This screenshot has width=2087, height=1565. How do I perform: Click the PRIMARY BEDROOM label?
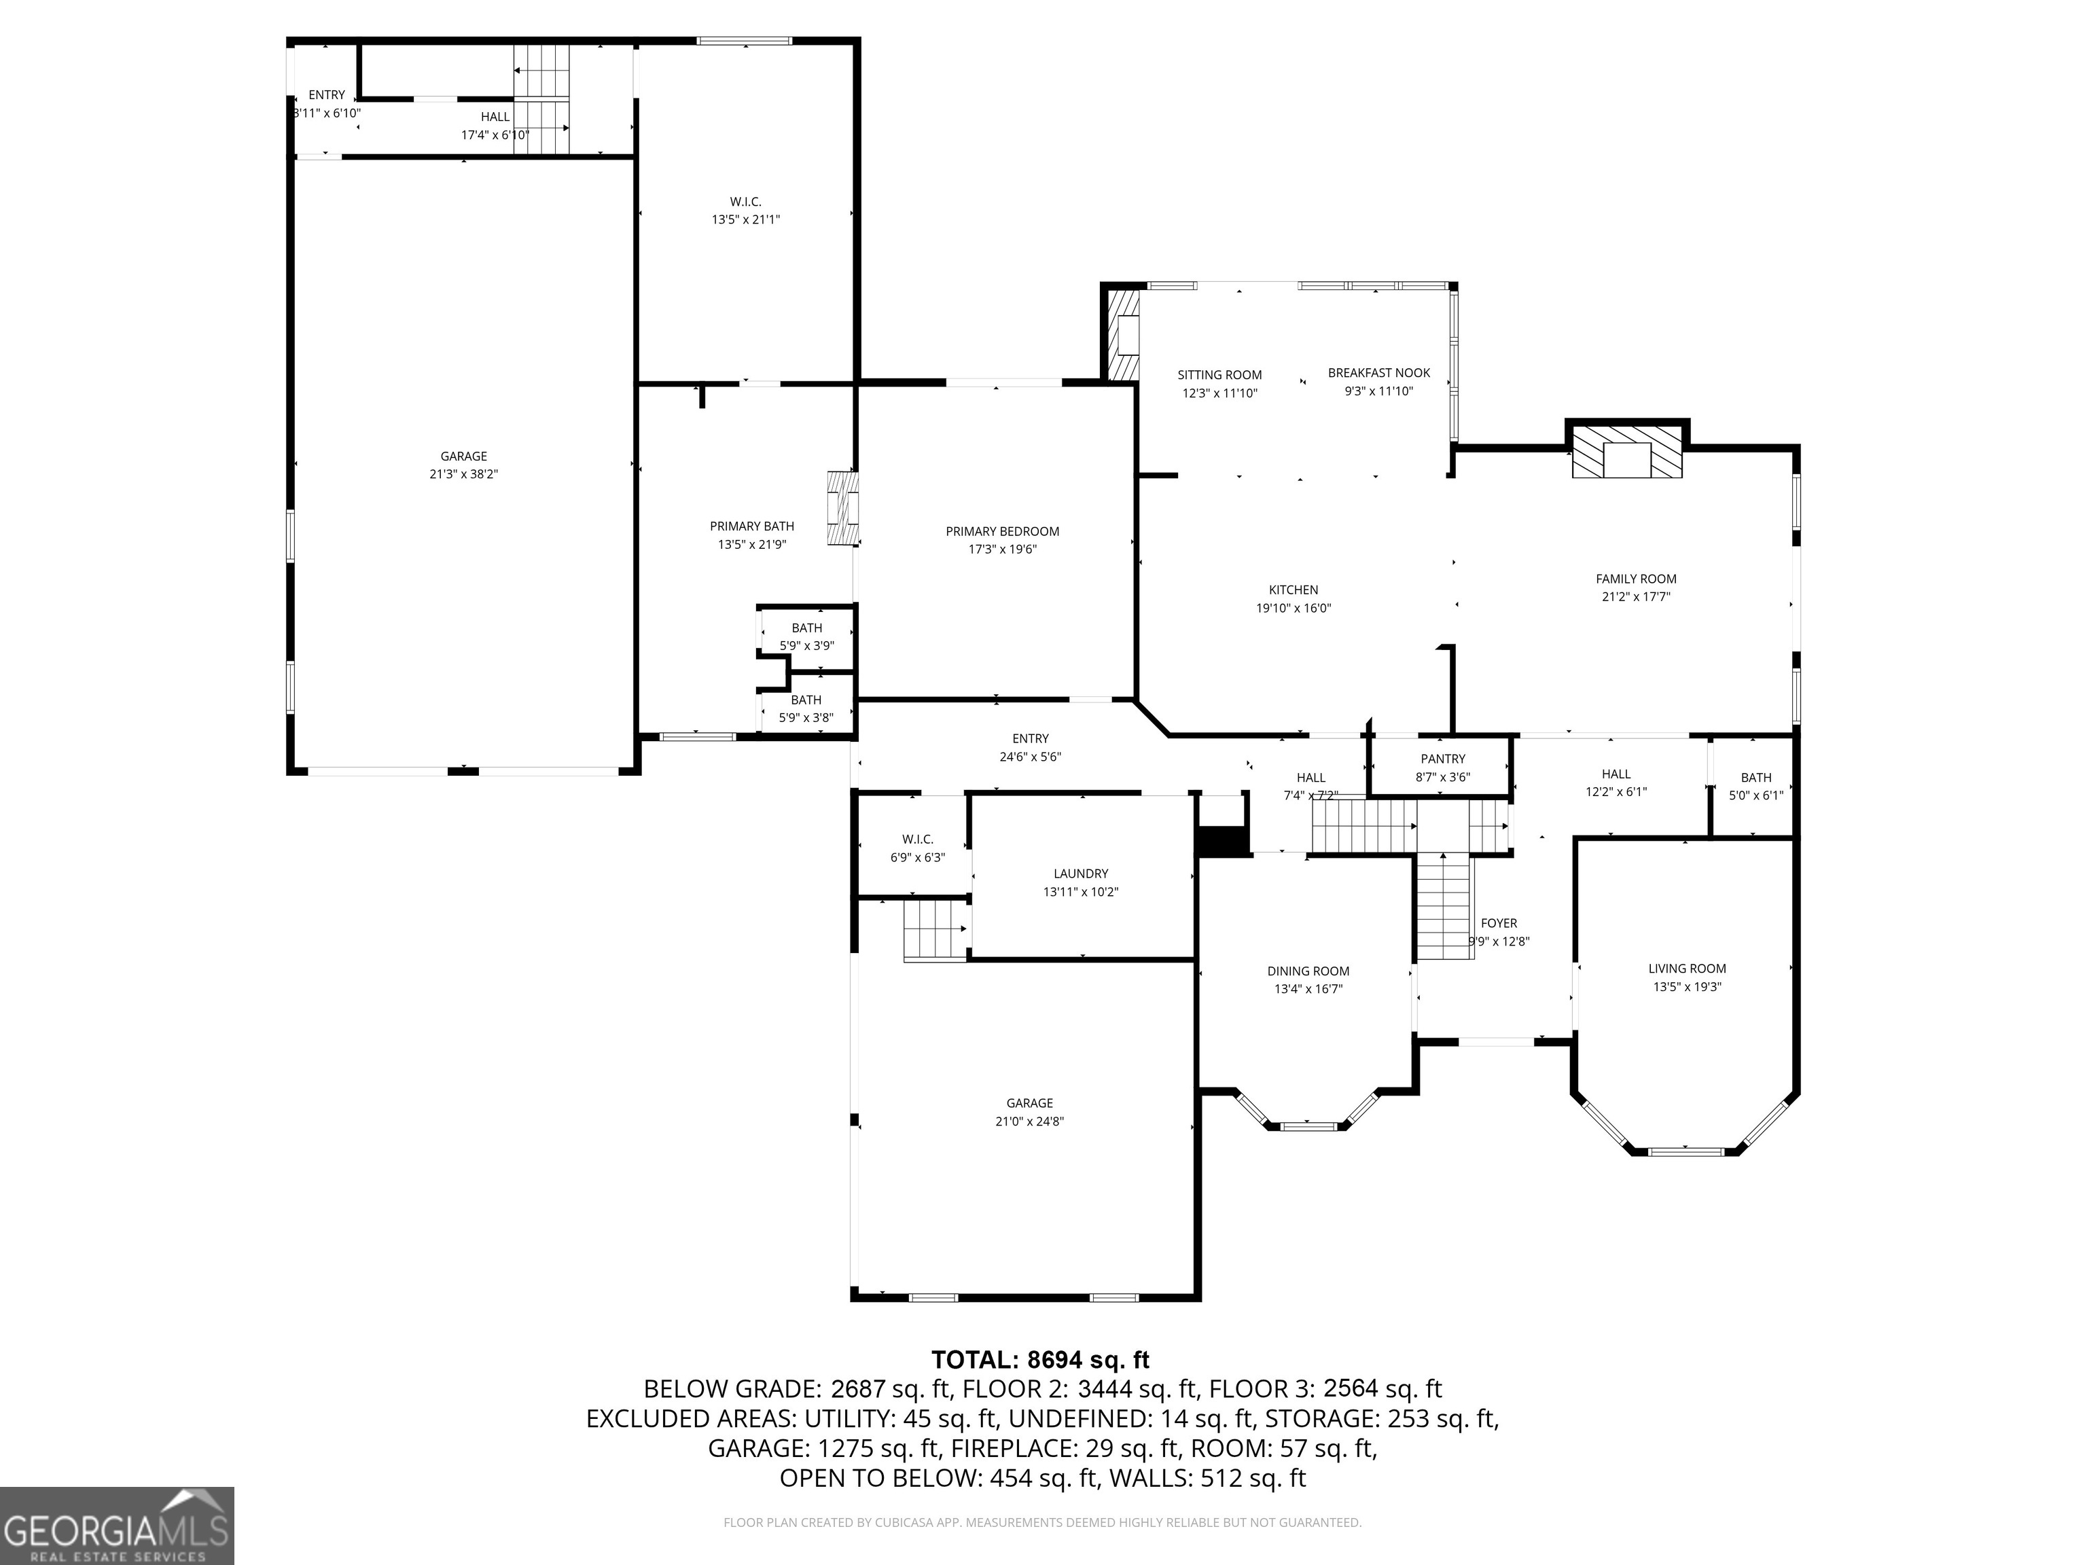click(x=1002, y=531)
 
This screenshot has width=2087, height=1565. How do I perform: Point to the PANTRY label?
click(x=1442, y=759)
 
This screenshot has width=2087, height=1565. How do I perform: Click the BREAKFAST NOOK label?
click(x=1378, y=373)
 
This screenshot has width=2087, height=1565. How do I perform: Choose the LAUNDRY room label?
click(x=1080, y=874)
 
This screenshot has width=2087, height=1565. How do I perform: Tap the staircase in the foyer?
click(x=1444, y=905)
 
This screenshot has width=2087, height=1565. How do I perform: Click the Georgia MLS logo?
click(x=116, y=1526)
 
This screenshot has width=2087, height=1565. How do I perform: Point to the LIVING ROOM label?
click(x=1687, y=968)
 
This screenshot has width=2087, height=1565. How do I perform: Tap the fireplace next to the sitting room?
click(x=1123, y=335)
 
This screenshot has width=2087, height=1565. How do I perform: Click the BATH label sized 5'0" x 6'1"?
click(x=1755, y=777)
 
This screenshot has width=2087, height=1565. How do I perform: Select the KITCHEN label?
click(x=1293, y=590)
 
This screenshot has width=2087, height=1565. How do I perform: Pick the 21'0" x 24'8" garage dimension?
click(x=1029, y=1121)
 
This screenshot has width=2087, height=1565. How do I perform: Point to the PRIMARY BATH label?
click(x=752, y=526)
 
